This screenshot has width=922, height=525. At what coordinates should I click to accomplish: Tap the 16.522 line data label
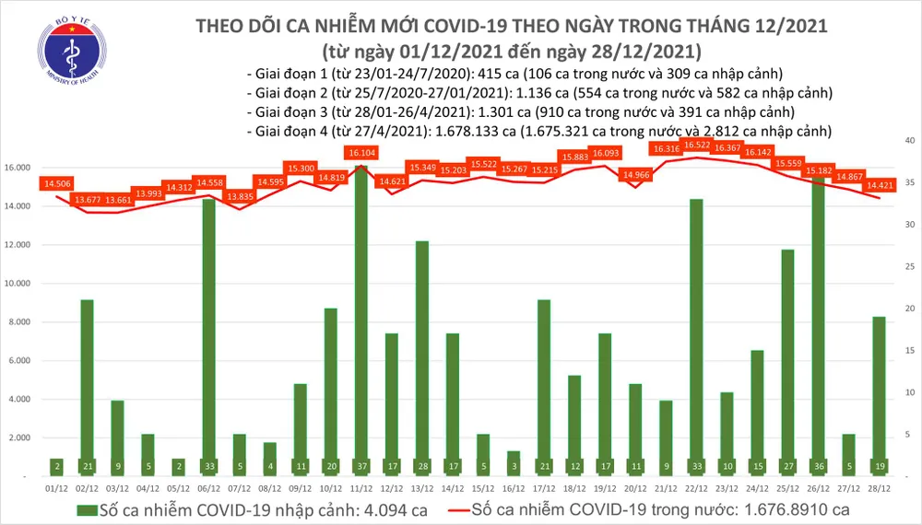[x=695, y=146]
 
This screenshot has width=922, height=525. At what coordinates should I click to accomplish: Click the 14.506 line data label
[x=56, y=183]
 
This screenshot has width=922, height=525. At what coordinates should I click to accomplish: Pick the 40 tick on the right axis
[x=909, y=140]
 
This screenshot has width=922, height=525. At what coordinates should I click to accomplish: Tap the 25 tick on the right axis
[x=909, y=266]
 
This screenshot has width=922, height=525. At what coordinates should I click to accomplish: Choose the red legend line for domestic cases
[x=447, y=509]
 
